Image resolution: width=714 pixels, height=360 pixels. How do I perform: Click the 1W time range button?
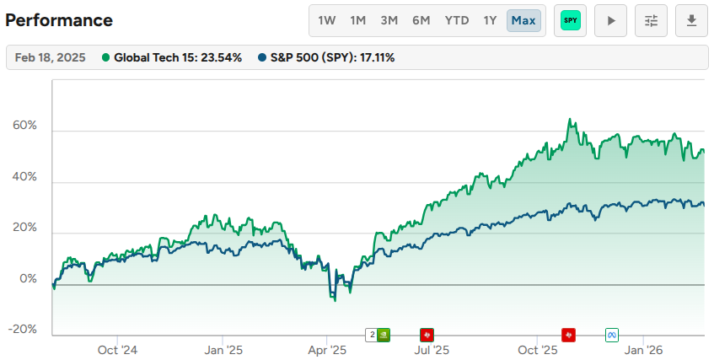(x=326, y=20)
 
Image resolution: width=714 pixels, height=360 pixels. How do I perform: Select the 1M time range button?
(x=358, y=20)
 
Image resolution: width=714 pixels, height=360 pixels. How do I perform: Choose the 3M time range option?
(x=389, y=20)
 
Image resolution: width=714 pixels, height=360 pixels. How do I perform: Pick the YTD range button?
(x=457, y=20)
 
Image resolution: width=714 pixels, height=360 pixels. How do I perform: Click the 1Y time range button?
(x=490, y=20)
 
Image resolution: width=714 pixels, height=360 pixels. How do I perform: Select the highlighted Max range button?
(x=523, y=20)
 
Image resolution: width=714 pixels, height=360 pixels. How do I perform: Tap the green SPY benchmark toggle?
(x=570, y=20)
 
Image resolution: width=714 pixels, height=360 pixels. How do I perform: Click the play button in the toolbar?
(x=610, y=20)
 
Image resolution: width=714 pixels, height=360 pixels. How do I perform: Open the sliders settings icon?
(x=651, y=20)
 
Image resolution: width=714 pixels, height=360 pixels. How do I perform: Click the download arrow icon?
(x=691, y=20)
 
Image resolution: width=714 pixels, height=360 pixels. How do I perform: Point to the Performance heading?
(x=59, y=20)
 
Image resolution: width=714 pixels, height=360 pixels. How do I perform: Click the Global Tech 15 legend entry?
(x=172, y=58)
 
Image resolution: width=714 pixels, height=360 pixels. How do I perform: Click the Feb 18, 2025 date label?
(x=49, y=58)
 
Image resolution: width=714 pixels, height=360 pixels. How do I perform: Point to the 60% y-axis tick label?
(x=25, y=126)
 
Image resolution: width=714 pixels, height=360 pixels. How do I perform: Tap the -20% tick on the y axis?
(x=24, y=330)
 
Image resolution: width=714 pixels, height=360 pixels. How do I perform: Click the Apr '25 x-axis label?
(x=327, y=349)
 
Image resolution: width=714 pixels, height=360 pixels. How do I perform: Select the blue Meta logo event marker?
(x=613, y=335)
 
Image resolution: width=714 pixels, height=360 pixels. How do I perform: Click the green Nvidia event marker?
(x=384, y=335)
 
